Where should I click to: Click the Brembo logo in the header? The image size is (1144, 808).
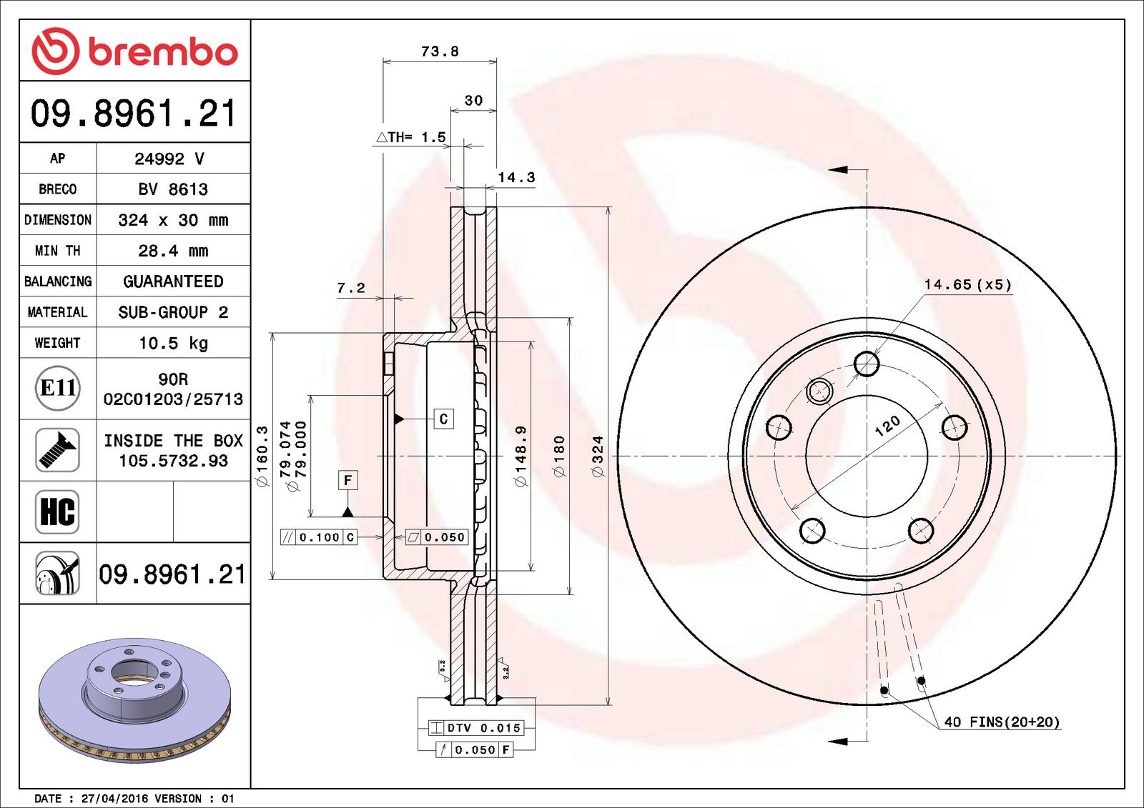click(134, 51)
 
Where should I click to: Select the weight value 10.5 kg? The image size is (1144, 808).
click(173, 343)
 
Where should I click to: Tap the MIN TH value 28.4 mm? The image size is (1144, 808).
click(173, 251)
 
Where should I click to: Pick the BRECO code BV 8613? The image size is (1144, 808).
click(173, 189)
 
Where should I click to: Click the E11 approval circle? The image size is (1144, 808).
click(58, 388)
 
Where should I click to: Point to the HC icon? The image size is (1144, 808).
click(58, 512)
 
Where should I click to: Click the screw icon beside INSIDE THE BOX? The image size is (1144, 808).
click(58, 449)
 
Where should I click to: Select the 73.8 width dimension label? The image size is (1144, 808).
click(440, 51)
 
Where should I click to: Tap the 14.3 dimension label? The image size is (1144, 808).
click(516, 177)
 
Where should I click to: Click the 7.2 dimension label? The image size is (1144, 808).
click(351, 289)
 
